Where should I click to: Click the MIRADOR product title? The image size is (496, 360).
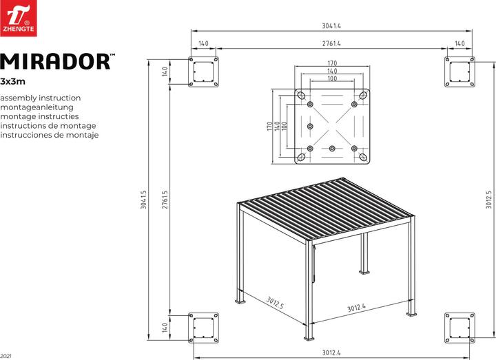pyautogui.click(x=57, y=62)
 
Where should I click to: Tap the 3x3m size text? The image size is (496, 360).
pyautogui.click(x=13, y=81)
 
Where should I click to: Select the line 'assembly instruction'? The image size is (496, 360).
pyautogui.click(x=41, y=98)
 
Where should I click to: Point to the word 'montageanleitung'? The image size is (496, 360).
pyautogui.click(x=42, y=107)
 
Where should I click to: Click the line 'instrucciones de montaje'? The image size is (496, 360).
pyautogui.click(x=50, y=135)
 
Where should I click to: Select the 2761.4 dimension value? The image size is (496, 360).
pyautogui.click(x=331, y=43)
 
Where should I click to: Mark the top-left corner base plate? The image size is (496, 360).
pyautogui.click(x=205, y=72)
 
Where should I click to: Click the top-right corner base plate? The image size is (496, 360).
pyautogui.click(x=459, y=72)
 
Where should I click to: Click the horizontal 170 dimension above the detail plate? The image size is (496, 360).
pyautogui.click(x=331, y=64)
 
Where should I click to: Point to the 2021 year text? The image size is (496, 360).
pyautogui.click(x=6, y=355)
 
